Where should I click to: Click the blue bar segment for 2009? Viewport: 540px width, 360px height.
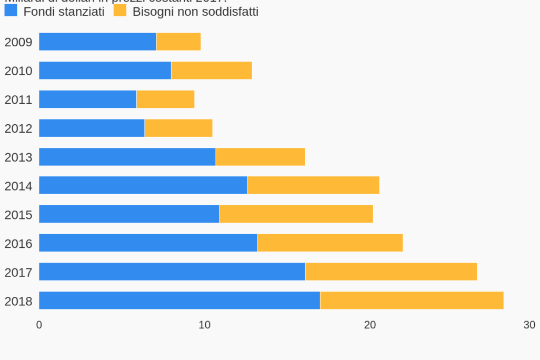(x=97, y=42)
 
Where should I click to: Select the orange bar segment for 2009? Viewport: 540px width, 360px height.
(x=178, y=42)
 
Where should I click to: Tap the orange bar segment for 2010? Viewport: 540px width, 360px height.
(x=212, y=71)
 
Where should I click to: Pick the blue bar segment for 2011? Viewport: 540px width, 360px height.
(x=87, y=99)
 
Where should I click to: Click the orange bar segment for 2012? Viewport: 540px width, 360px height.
(x=178, y=128)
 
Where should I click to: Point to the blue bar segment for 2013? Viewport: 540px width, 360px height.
(x=127, y=157)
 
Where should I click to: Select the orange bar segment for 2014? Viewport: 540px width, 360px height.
(x=313, y=185)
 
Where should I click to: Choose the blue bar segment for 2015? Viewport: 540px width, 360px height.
(x=129, y=214)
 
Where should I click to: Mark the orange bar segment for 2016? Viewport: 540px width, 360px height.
(x=330, y=243)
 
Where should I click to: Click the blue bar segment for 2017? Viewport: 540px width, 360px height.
(x=172, y=272)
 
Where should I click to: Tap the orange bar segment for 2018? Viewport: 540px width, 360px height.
(x=412, y=301)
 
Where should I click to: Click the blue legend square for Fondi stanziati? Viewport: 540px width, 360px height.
(x=11, y=11)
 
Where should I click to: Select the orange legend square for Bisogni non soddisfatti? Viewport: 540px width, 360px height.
(x=120, y=11)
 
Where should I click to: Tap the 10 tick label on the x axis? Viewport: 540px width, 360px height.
(x=204, y=325)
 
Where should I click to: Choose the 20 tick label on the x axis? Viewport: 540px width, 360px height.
(x=370, y=325)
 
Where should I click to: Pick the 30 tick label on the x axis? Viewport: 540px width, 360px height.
(x=529, y=325)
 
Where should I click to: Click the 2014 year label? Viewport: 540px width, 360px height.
(x=18, y=186)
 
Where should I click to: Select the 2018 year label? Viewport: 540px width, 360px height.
(x=18, y=301)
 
